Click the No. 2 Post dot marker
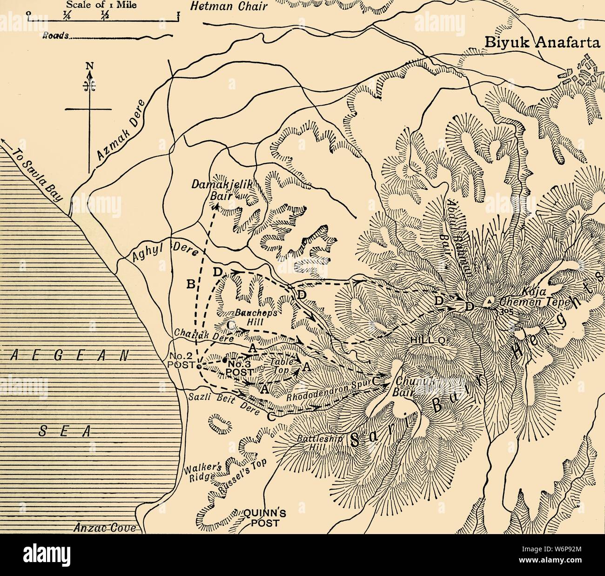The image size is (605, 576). click(x=199, y=366)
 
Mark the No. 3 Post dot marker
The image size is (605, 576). click(x=225, y=360)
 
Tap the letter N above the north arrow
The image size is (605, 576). click(x=89, y=66)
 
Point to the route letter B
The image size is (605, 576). click(x=190, y=285)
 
